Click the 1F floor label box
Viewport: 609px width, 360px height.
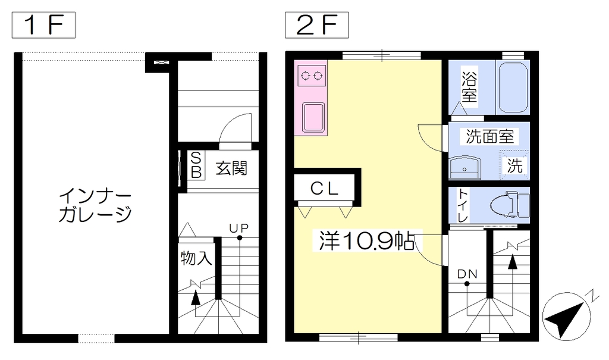(43, 25)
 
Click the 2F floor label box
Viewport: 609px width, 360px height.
(317, 25)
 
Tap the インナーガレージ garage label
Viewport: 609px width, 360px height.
(95, 205)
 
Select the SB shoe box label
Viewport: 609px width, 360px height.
(196, 165)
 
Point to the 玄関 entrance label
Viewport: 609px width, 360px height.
(231, 168)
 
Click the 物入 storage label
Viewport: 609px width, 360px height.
(196, 258)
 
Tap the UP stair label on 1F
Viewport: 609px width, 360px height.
(238, 228)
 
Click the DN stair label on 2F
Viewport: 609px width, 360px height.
(467, 274)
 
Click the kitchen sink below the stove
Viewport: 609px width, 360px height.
(313, 117)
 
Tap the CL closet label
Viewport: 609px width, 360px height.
(324, 189)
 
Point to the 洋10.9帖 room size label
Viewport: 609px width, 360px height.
(366, 241)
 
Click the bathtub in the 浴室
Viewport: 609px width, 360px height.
(513, 87)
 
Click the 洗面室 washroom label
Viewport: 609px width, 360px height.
(490, 136)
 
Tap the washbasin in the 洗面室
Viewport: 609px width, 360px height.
(464, 168)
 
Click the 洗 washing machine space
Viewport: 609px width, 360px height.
(514, 165)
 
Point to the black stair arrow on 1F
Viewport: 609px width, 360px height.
(196, 298)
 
